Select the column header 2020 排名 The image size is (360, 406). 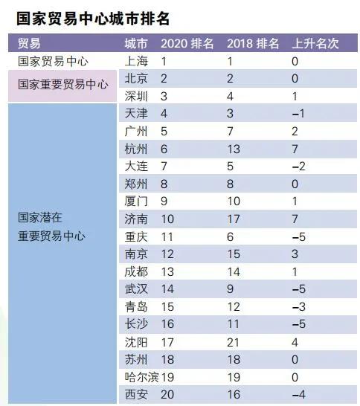coord(187,44)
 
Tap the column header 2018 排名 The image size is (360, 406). coord(252,44)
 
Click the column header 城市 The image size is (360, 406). coord(136,44)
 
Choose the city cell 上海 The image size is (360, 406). coord(136,62)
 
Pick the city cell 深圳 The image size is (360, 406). coord(136,96)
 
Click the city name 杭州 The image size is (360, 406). coord(136,149)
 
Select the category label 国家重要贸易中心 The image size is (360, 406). coord(62,84)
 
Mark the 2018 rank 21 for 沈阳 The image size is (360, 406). coord(234,343)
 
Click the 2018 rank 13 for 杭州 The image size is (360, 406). coord(234,149)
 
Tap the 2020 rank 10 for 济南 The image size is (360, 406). coord(167,219)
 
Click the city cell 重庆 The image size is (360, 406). coord(136,237)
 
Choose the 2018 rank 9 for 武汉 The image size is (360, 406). coord(231,290)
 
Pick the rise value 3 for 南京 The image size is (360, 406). coord(296,254)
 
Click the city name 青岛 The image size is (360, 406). coord(136,307)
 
